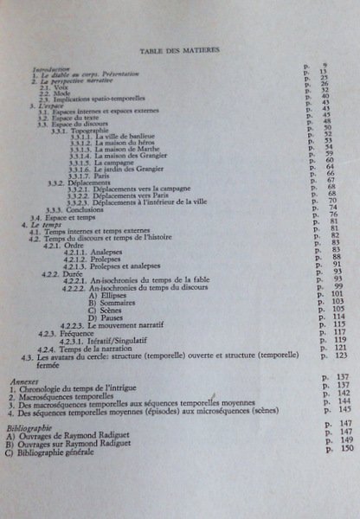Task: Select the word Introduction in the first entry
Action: pyautogui.click(x=50, y=68)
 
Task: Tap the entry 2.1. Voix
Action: pyautogui.click(x=54, y=89)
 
